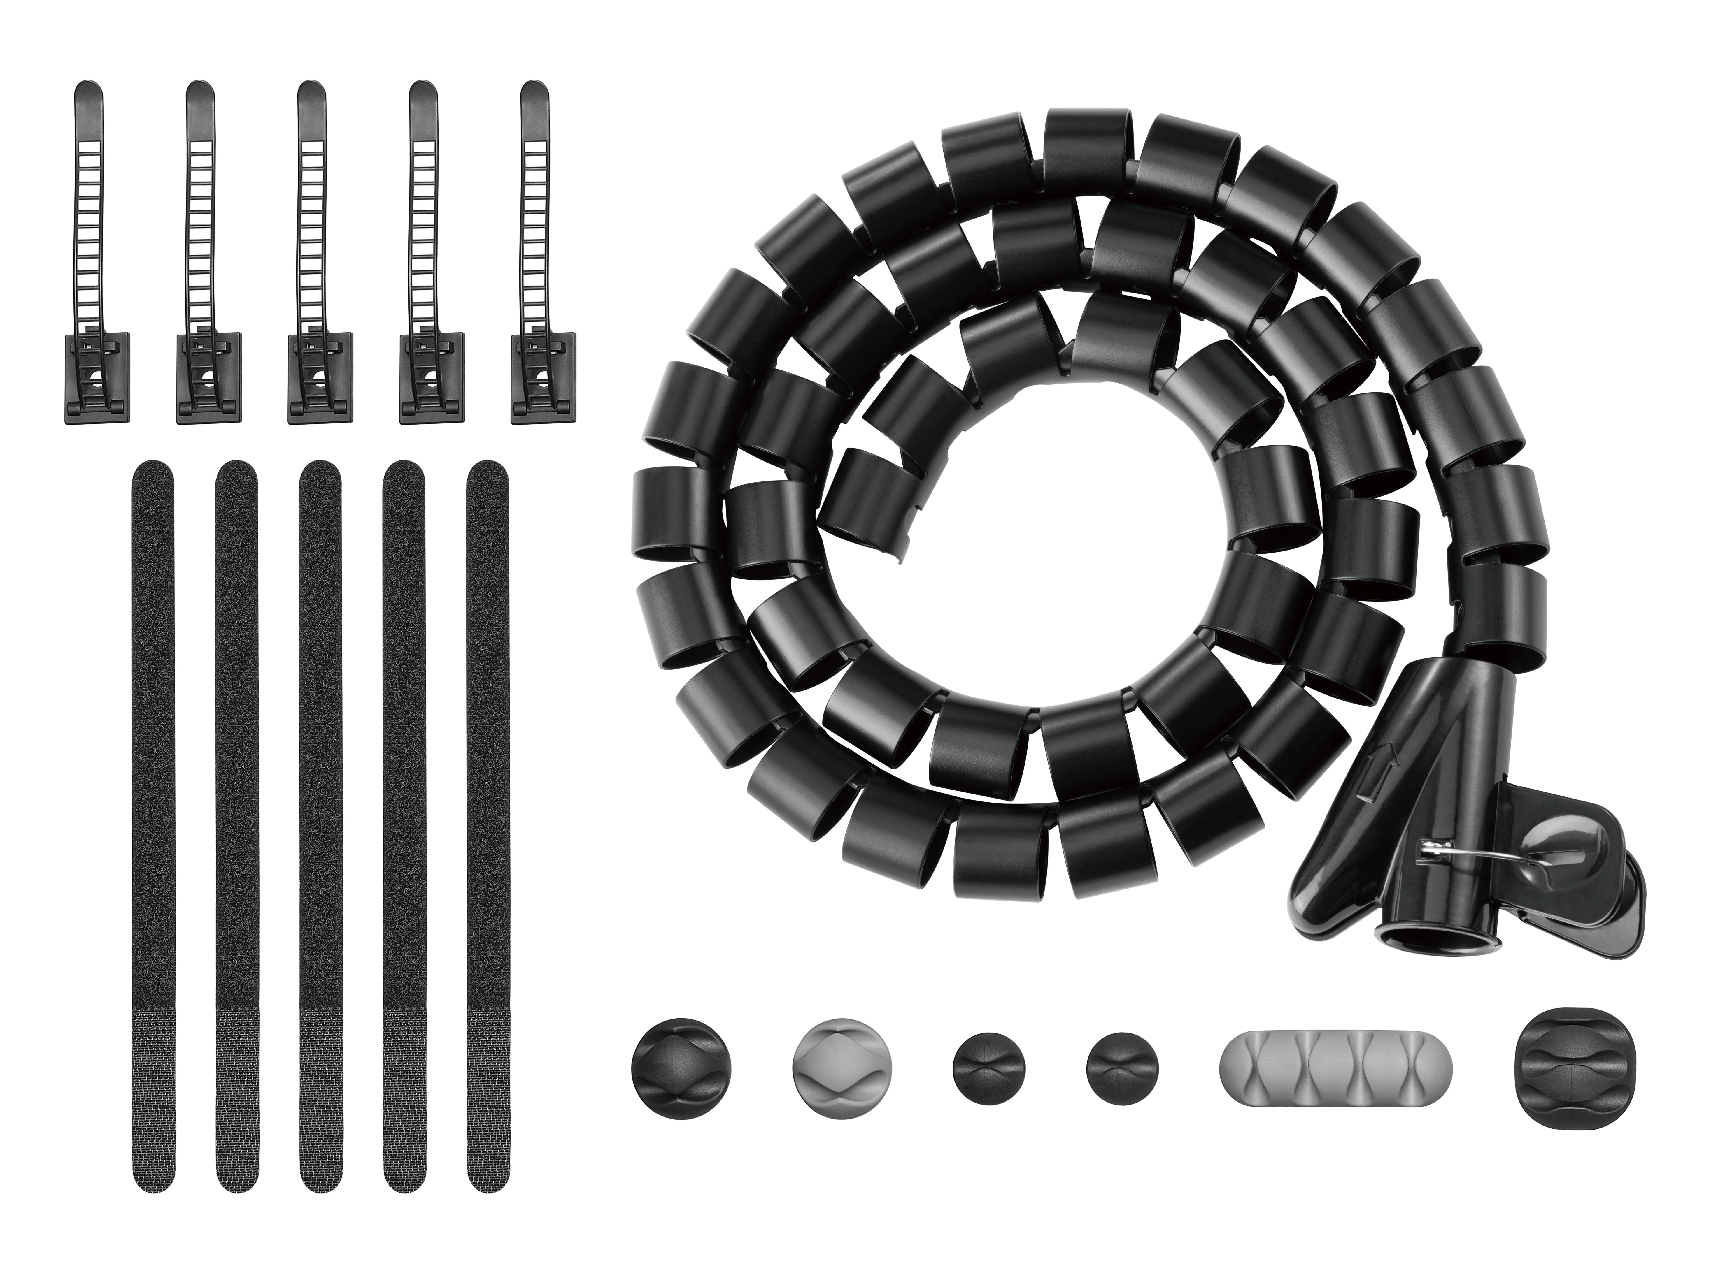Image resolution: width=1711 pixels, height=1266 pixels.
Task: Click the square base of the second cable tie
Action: tap(208, 378)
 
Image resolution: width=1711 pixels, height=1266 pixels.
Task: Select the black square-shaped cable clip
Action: tap(1564, 1068)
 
